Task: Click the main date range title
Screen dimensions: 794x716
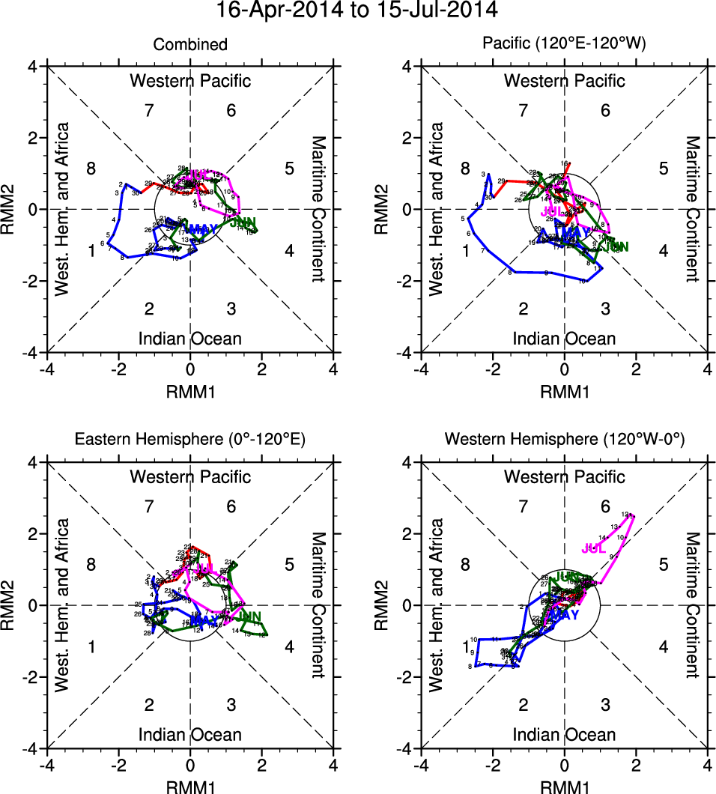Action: tap(357, 10)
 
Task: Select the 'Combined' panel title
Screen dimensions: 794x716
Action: tap(190, 45)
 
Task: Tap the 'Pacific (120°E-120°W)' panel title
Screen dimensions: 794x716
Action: tap(565, 45)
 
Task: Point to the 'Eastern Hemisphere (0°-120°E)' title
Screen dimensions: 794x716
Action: tap(190, 440)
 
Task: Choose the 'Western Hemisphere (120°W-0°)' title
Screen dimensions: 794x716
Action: tap(565, 440)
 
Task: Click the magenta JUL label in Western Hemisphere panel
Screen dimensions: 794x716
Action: tap(593, 548)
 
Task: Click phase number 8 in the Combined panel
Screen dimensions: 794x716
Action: tap(91, 168)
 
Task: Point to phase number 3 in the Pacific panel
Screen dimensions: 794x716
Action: tap(605, 309)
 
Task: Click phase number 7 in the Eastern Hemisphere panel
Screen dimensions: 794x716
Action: tap(149, 507)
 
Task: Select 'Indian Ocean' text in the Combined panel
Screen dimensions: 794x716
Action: tap(190, 339)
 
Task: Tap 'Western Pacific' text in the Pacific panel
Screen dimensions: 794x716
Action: tap(565, 81)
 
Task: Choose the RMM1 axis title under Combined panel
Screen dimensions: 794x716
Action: tap(190, 389)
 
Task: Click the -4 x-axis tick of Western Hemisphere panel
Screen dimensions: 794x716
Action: tap(421, 765)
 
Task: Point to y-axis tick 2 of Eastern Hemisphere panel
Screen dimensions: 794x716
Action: tap(32, 534)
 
